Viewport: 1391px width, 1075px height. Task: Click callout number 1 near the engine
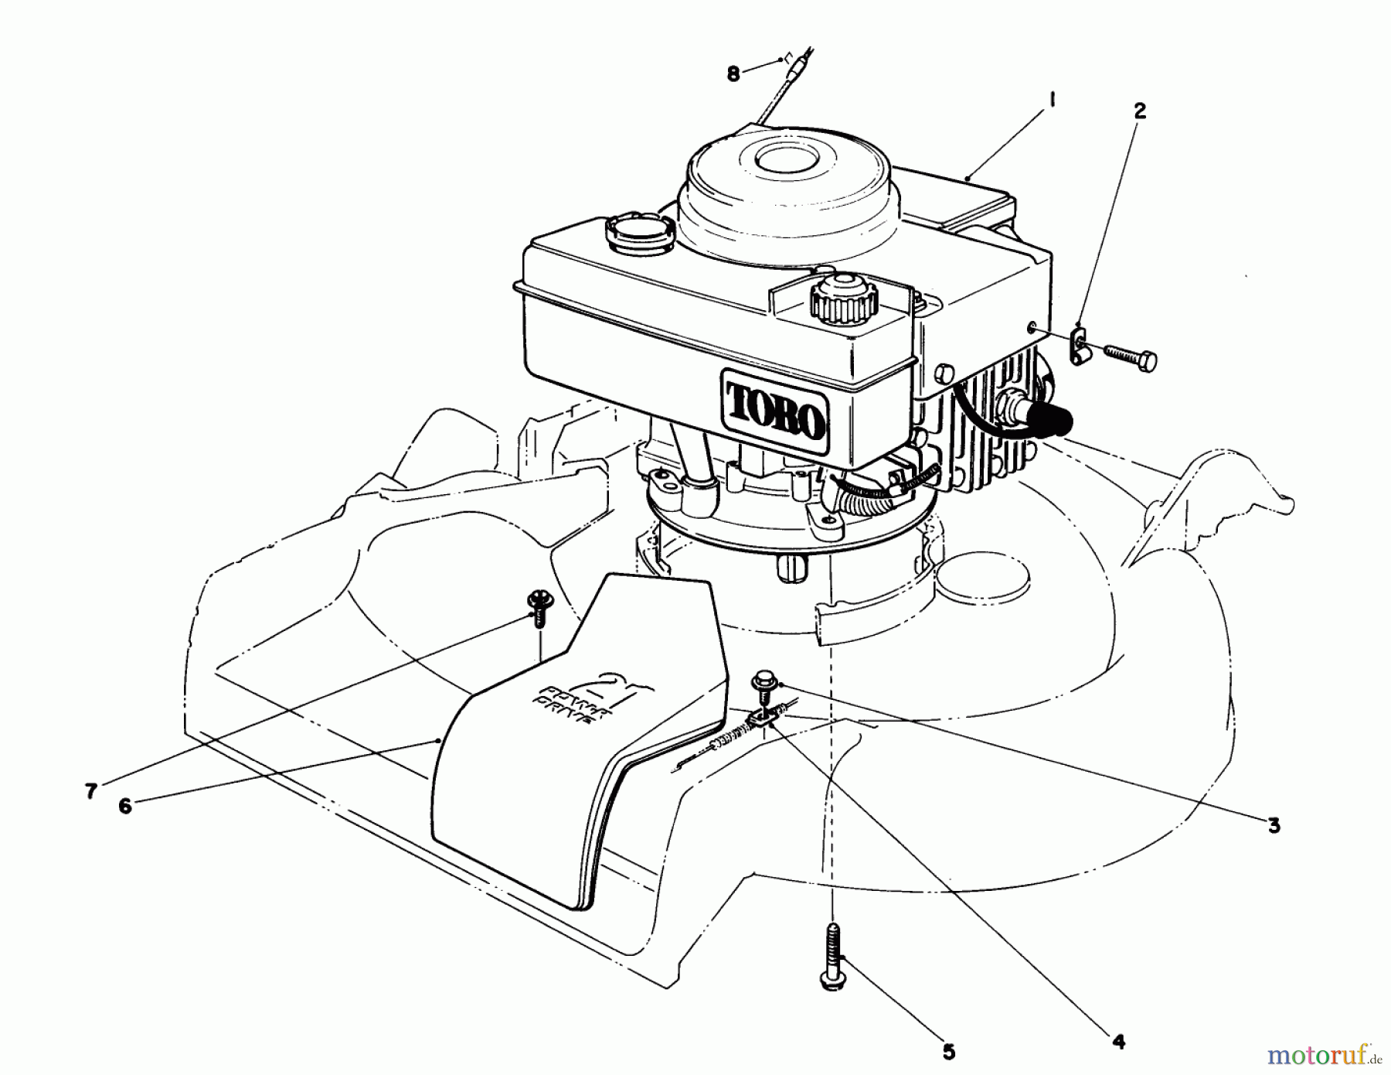1053,101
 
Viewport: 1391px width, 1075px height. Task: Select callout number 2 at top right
1139,111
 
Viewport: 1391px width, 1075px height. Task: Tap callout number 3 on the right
1274,825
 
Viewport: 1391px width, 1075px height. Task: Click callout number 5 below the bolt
949,1052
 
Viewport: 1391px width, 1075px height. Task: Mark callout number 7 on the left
91,791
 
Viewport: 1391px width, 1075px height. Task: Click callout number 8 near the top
733,74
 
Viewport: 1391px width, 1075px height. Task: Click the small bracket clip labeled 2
1079,343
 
